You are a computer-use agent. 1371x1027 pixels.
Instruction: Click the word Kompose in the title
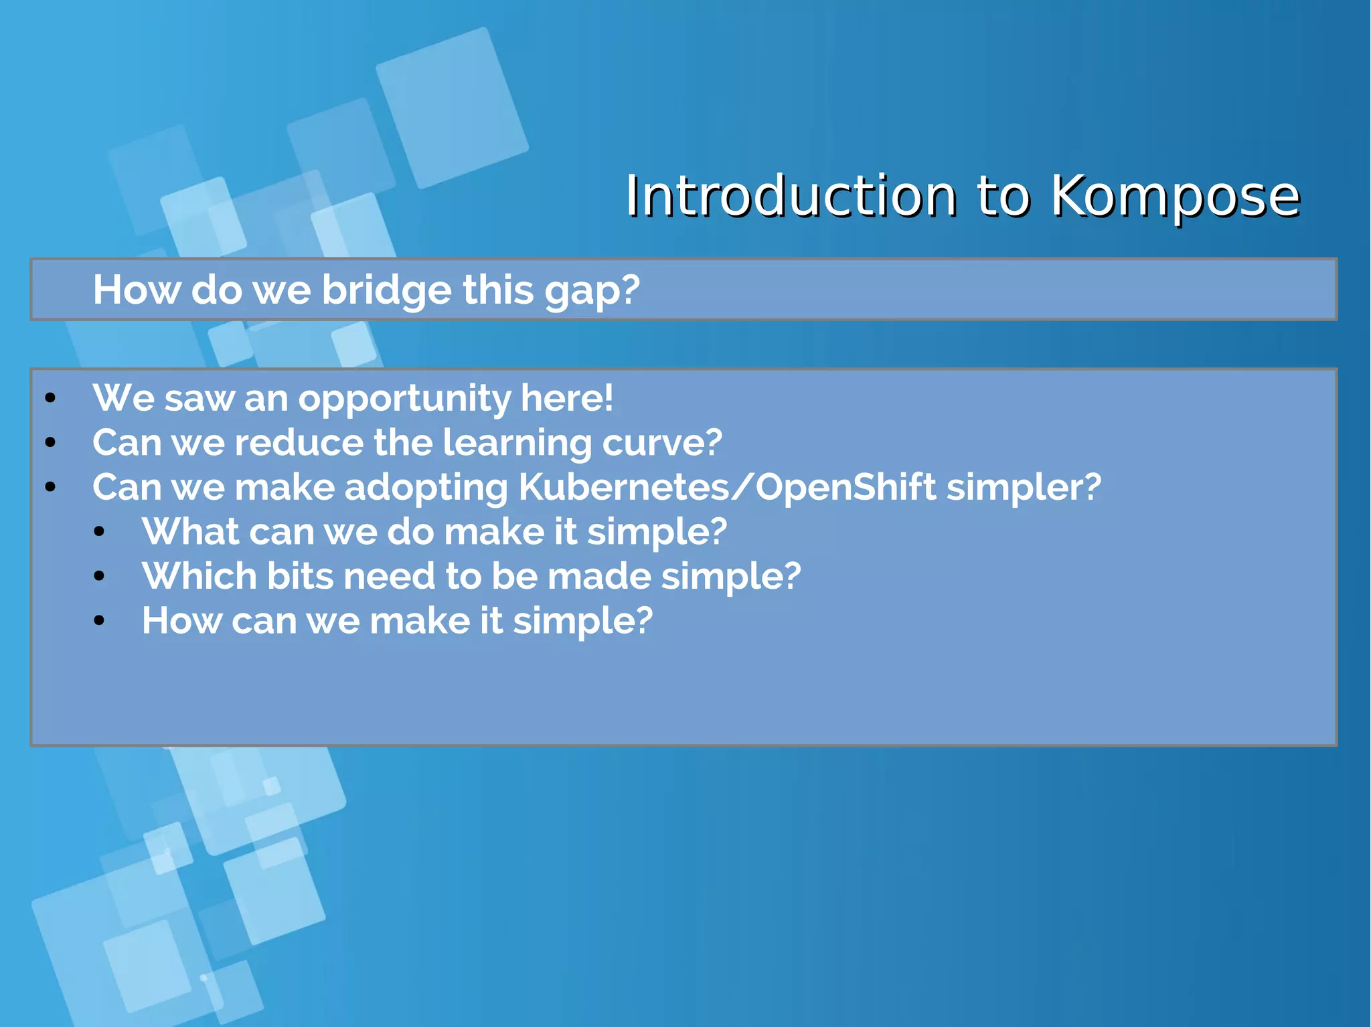1174,196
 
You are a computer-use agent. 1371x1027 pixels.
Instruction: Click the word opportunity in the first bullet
404,399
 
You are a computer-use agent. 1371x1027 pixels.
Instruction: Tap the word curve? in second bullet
662,443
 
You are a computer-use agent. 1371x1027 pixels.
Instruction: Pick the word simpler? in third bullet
1024,487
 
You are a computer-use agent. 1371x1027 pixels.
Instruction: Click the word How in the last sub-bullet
181,621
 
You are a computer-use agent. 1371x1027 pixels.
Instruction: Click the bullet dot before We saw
50,399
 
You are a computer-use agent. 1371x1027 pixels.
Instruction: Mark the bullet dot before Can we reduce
50,443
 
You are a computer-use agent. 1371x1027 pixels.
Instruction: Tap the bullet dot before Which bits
99,576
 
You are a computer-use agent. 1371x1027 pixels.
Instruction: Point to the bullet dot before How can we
99,621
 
